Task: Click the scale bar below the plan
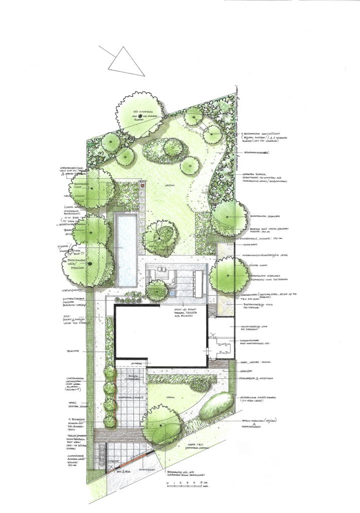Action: click(x=185, y=484)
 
